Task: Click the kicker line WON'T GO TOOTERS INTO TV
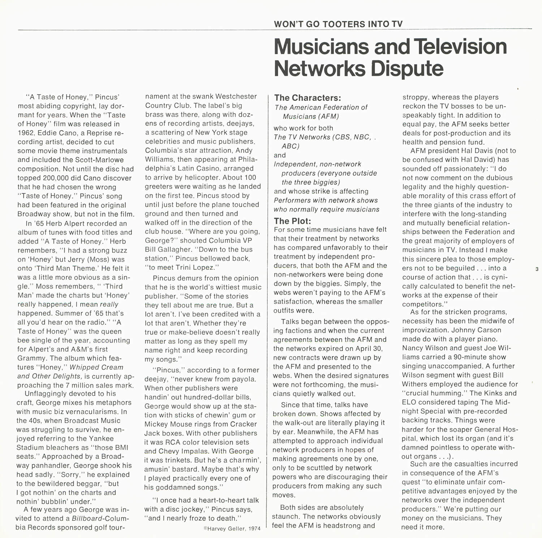338,24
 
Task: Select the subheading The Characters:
307,98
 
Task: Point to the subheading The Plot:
292,221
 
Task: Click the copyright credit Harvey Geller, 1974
232,529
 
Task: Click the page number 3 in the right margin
537,269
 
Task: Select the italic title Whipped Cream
96,367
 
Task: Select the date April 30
367,349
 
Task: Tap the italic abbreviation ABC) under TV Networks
291,146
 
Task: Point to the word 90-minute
468,357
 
